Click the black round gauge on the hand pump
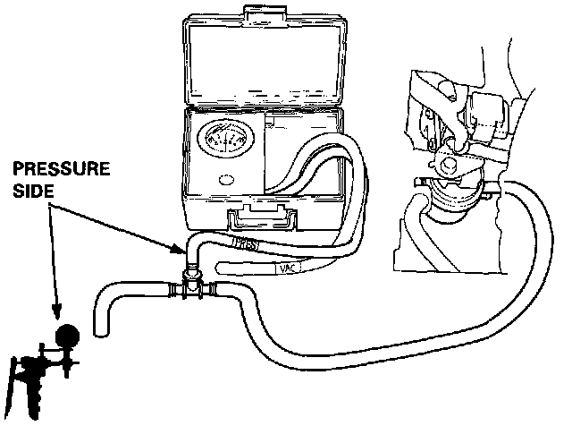click(x=65, y=335)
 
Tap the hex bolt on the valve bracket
click(x=448, y=163)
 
